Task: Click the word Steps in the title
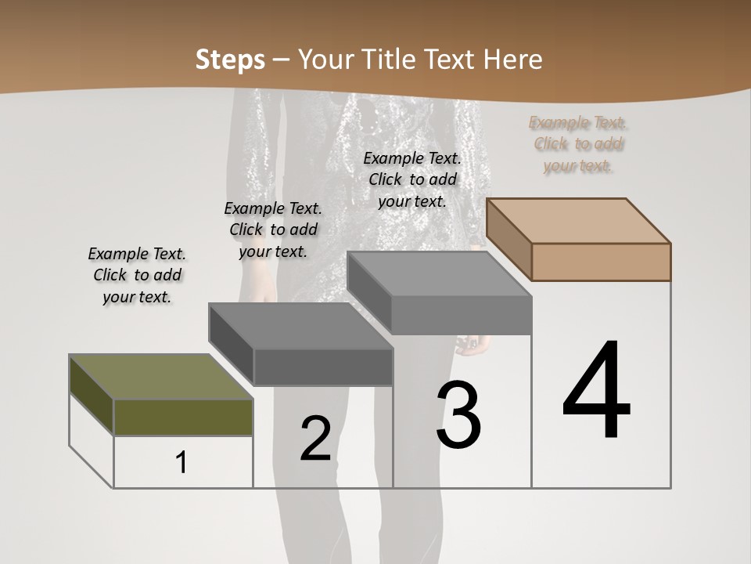click(230, 60)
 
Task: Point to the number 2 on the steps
click(315, 439)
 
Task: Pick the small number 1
click(181, 463)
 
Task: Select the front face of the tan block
click(601, 262)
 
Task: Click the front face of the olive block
click(183, 417)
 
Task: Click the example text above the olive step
click(137, 275)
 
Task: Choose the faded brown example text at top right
click(578, 144)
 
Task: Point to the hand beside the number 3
click(475, 345)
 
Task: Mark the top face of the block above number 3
click(438, 273)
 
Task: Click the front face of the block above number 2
click(323, 367)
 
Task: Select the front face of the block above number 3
click(462, 315)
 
